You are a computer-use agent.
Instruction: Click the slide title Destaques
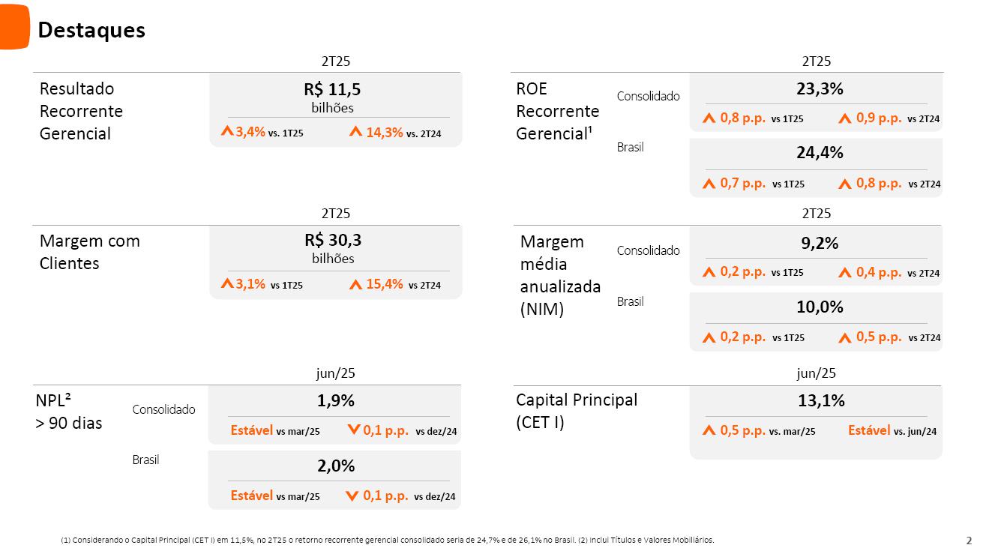(x=91, y=30)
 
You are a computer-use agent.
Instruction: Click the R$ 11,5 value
(x=332, y=90)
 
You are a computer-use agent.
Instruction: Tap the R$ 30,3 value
(x=332, y=241)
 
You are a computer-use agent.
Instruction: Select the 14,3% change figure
(x=384, y=133)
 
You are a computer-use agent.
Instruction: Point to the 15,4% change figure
(x=384, y=284)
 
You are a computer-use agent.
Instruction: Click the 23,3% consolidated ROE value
(x=820, y=88)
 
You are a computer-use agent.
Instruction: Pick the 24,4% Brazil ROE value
(x=820, y=153)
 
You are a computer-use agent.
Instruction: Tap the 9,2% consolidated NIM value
(x=820, y=243)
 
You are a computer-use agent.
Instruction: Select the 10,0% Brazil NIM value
(x=820, y=307)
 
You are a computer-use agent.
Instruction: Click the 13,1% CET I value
(x=821, y=401)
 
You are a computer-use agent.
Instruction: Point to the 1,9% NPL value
(x=335, y=401)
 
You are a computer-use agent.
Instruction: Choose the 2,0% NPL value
(x=335, y=466)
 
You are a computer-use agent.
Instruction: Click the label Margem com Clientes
(x=89, y=252)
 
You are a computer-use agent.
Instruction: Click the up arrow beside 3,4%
(x=227, y=131)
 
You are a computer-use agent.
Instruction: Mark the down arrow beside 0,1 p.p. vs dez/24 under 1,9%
(x=354, y=430)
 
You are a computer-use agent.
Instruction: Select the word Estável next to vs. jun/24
(x=869, y=430)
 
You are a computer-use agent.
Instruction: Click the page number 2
(x=969, y=541)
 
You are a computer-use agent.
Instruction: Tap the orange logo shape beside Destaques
(x=14, y=26)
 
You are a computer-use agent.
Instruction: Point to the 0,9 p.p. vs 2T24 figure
(x=878, y=118)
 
